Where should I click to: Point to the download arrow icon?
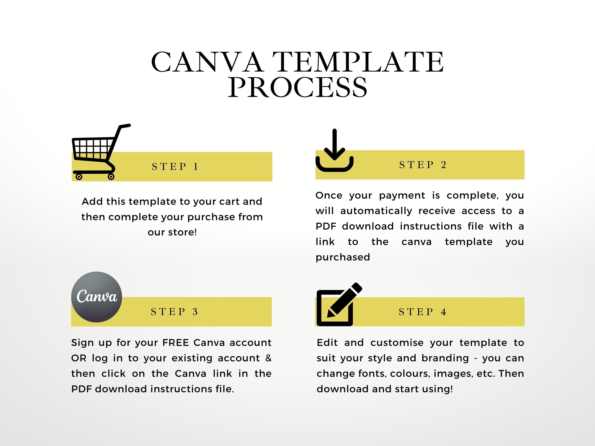pyautogui.click(x=334, y=150)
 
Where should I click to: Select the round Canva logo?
pyautogui.click(x=97, y=297)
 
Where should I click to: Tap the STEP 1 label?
pyautogui.click(x=175, y=167)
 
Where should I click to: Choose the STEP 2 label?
pyautogui.click(x=423, y=165)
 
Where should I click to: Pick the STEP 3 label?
pyautogui.click(x=174, y=312)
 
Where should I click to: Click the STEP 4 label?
pyautogui.click(x=422, y=312)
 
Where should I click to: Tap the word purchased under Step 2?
pyautogui.click(x=343, y=257)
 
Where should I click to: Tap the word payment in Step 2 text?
pyautogui.click(x=402, y=196)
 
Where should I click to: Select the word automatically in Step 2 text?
pyautogui.click(x=376, y=211)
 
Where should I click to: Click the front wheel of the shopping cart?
pyautogui.click(x=111, y=177)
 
